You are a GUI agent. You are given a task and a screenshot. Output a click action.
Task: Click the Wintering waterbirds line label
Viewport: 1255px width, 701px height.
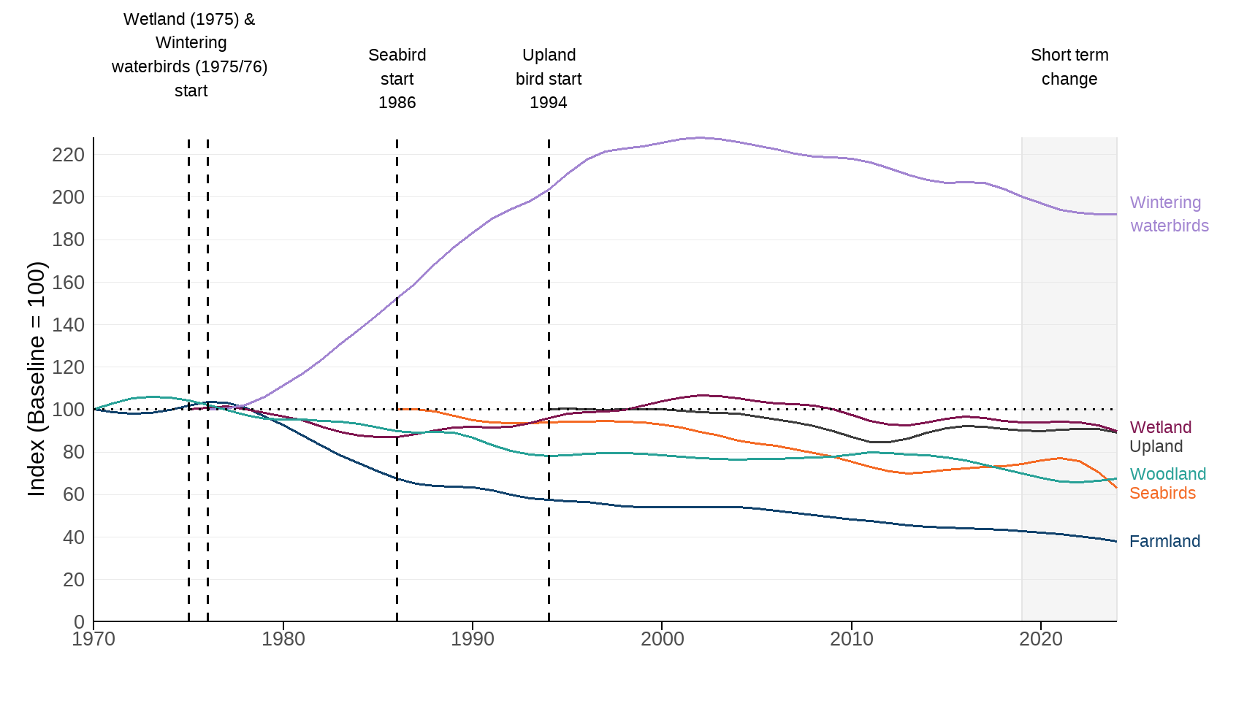click(1169, 214)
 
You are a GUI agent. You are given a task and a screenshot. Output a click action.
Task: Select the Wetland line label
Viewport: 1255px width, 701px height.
click(1160, 427)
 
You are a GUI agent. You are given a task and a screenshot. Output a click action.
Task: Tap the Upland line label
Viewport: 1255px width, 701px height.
click(1156, 446)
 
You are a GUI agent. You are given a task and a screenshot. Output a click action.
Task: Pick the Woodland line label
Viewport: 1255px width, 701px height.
click(1167, 474)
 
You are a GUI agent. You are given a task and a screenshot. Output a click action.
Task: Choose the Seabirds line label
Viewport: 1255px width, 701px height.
click(1162, 493)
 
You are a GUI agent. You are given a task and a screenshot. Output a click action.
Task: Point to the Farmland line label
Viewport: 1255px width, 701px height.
click(1164, 541)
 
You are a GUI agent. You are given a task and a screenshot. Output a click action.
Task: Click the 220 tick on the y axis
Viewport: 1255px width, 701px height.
click(68, 155)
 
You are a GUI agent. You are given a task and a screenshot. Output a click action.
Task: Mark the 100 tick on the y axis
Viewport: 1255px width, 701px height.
click(68, 410)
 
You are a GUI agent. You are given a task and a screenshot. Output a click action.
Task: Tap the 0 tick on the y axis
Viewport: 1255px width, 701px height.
click(79, 622)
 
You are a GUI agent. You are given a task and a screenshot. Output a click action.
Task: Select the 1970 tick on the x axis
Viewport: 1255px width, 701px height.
click(94, 640)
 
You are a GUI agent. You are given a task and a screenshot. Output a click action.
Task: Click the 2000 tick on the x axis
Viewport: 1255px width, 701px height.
click(662, 640)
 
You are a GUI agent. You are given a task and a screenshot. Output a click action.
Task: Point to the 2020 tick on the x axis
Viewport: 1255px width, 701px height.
click(1041, 640)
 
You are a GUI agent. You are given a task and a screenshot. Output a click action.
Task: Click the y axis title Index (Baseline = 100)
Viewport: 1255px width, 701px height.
click(37, 379)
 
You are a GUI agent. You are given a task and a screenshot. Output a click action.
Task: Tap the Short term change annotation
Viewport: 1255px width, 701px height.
click(1069, 67)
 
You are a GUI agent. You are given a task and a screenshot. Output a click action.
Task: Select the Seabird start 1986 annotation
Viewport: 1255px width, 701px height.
click(397, 79)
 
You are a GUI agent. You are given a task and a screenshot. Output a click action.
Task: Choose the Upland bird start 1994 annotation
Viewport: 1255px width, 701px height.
click(549, 79)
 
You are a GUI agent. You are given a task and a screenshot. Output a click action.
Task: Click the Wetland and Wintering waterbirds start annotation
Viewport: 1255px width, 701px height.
click(190, 55)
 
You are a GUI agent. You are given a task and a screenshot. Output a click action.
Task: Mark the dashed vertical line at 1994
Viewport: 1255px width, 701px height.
click(549, 292)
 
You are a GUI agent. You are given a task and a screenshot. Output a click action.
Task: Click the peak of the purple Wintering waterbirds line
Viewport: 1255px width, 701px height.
click(701, 137)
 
